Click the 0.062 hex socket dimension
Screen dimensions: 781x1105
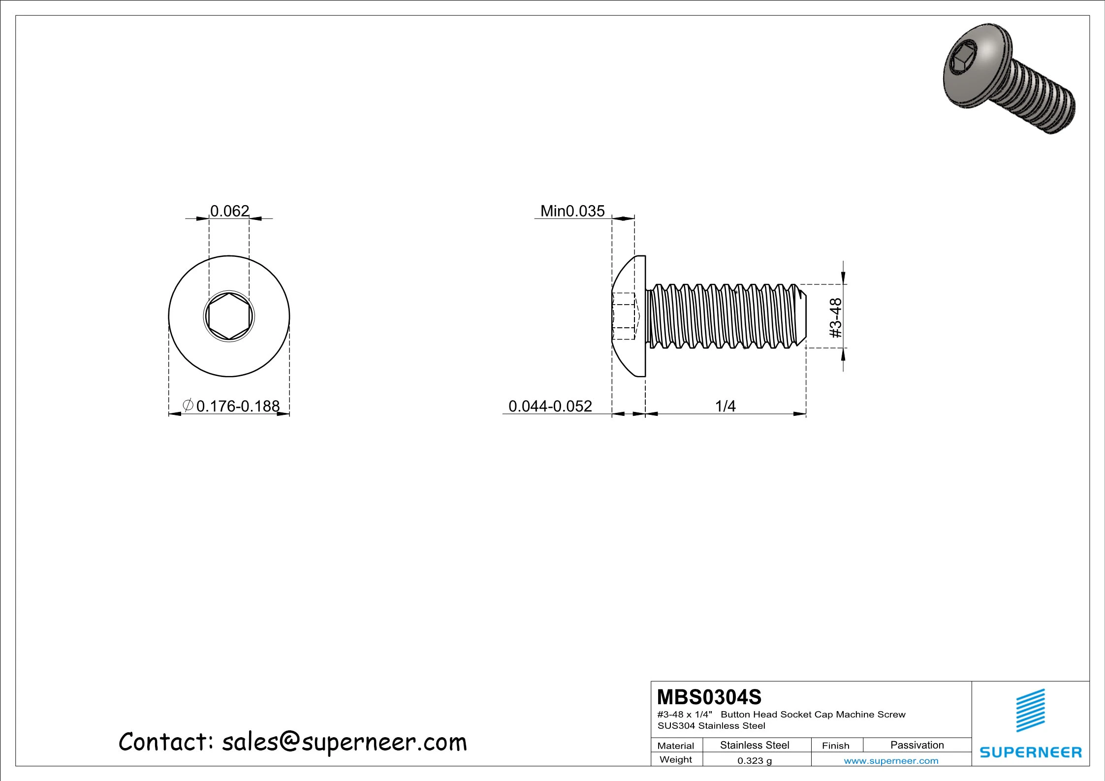229,211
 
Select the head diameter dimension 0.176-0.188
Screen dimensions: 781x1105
238,406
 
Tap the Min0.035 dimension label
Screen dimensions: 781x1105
572,211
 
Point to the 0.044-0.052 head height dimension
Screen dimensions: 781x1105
550,406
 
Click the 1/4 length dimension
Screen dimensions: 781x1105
725,406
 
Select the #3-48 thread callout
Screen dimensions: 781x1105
836,317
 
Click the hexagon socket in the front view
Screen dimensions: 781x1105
229,316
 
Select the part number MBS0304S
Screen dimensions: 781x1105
709,697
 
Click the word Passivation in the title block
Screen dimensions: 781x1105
917,745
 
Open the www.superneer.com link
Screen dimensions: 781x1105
891,761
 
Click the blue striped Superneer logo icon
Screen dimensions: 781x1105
1030,711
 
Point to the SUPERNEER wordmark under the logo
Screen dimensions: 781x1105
1030,752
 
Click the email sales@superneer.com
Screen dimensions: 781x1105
344,742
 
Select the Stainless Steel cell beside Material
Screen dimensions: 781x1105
754,745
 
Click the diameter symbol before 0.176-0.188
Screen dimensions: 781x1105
188,406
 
